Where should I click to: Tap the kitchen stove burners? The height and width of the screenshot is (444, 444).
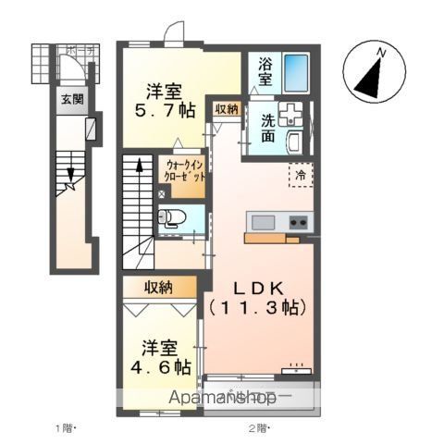298,222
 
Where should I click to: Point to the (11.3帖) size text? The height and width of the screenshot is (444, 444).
254,304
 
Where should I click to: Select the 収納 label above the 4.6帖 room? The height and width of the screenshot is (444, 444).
158,289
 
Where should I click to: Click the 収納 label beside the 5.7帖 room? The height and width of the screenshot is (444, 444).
227,109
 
